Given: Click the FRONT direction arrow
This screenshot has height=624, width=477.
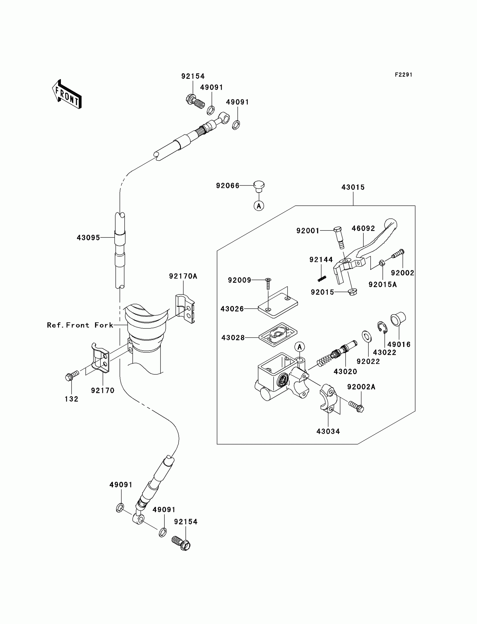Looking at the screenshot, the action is click(x=67, y=95).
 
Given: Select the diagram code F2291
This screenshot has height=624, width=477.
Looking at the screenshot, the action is click(x=403, y=75).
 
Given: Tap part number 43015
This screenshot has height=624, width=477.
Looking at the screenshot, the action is click(x=353, y=187).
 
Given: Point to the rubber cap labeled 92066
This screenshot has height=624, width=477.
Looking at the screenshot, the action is click(x=258, y=186).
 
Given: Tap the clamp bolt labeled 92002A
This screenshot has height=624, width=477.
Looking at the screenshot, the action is click(x=356, y=407).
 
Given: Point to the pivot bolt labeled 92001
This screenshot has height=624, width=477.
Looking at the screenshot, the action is click(x=339, y=238).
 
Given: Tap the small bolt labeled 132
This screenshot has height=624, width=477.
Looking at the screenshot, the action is click(x=72, y=376).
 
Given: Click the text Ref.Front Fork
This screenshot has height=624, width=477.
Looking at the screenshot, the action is click(x=80, y=325).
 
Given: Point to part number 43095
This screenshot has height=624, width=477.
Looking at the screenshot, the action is click(x=88, y=238).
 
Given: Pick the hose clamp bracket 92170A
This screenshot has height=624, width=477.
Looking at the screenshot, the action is click(x=185, y=309).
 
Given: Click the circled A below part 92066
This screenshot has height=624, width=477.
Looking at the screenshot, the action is click(x=259, y=206).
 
